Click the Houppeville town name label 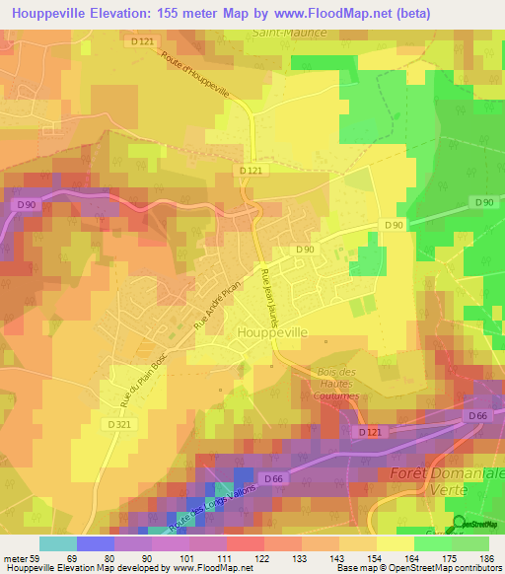272,333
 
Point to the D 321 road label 117,424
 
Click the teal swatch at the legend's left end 57,543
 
